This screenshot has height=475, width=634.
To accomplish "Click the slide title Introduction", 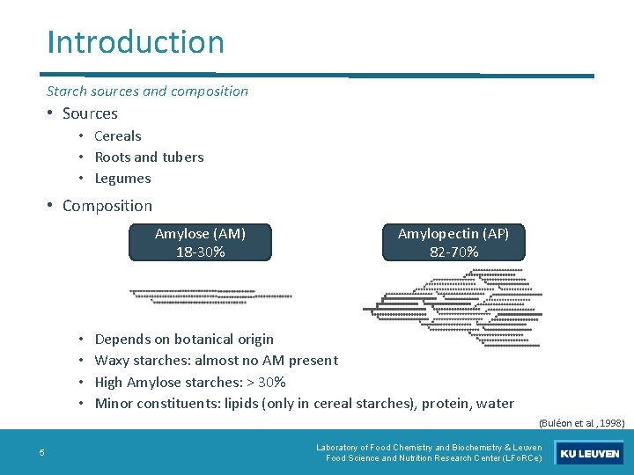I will tap(136, 41).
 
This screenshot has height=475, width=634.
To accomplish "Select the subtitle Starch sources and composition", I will tap(147, 91).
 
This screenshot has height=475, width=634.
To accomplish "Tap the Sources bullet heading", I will tap(90, 113).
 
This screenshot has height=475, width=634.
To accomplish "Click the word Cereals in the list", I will tap(118, 135).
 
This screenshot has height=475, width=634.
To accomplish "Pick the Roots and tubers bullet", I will tap(149, 157).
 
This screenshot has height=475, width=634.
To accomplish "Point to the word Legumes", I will tap(122, 178).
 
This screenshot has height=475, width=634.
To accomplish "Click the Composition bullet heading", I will tap(107, 206).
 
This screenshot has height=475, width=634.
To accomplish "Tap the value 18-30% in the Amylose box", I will tap(200, 252).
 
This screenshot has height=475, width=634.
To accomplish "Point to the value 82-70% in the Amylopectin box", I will tap(453, 252).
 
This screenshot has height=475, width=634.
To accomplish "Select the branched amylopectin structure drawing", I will tap(453, 300).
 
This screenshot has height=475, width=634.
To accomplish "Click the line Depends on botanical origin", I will tap(184, 339).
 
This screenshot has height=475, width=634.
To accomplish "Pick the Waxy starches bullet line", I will tap(216, 360).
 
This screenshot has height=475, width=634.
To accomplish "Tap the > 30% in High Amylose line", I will tap(268, 382).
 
